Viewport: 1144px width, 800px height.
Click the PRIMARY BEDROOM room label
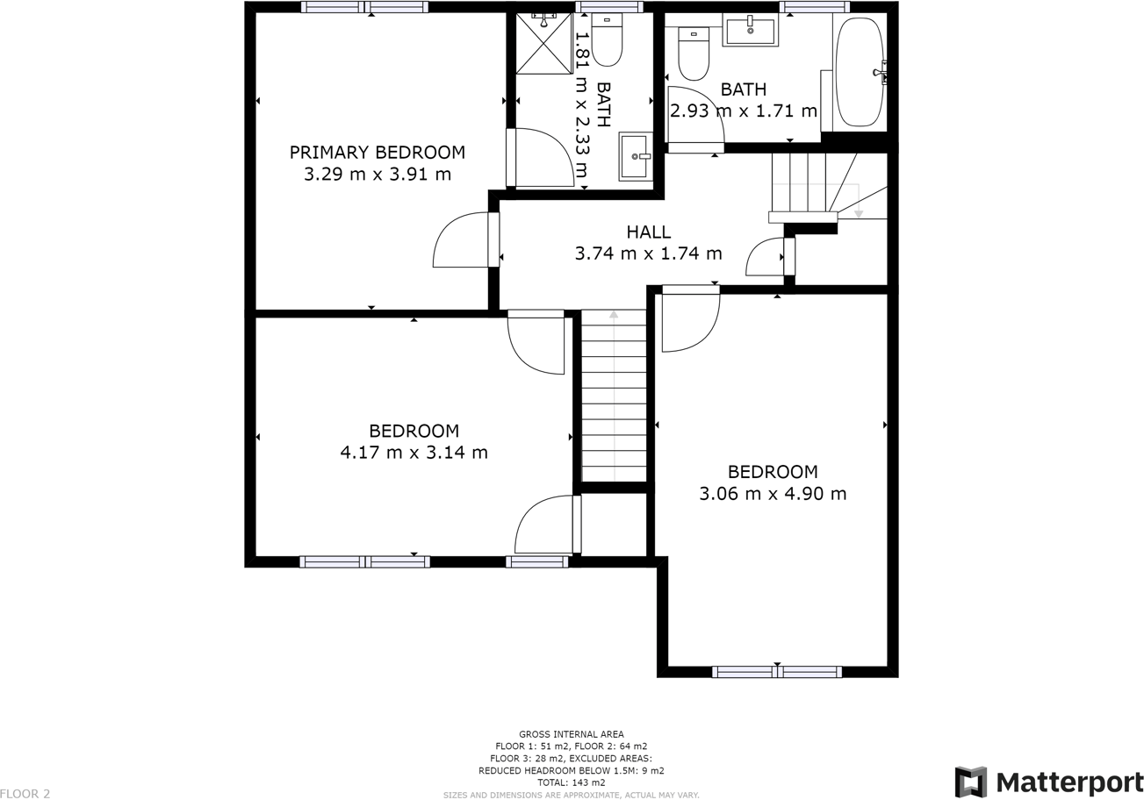378,153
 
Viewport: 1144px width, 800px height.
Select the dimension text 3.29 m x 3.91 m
378,175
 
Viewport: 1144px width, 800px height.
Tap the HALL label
648,232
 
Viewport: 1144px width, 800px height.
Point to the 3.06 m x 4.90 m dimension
773,494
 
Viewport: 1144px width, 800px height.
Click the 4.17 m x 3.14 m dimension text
414,453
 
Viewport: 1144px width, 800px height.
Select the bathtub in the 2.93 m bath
860,72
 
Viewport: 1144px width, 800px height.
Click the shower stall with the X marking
543,44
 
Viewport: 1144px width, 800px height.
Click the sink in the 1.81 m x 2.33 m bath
636,156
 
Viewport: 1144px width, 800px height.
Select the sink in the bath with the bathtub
750,30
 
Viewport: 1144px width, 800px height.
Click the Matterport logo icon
970,782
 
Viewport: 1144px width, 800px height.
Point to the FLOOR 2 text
25,794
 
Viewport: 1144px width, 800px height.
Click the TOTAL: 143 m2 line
571,782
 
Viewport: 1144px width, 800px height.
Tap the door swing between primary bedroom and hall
463,240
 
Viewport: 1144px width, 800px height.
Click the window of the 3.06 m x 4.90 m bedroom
776,672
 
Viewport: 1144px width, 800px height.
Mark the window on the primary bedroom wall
364,7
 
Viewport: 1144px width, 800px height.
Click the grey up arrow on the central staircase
614,314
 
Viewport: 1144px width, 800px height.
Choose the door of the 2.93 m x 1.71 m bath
694,118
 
